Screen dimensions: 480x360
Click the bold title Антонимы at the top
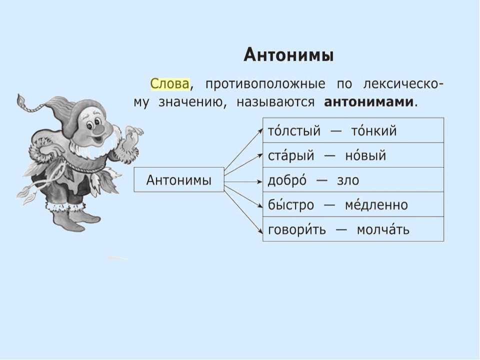click(x=288, y=55)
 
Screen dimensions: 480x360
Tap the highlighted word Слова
click(x=170, y=83)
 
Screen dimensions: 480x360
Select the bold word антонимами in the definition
click(x=368, y=102)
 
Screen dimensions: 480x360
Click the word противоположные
click(x=265, y=84)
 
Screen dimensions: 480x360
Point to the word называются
click(x=275, y=102)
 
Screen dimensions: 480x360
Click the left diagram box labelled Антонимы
click(x=179, y=179)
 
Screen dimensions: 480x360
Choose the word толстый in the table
click(x=294, y=131)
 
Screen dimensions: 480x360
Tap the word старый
click(x=291, y=155)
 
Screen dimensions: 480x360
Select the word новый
click(x=365, y=155)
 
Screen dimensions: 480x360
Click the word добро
click(x=287, y=180)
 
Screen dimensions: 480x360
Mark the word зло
click(x=348, y=180)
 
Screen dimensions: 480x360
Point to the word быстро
click(x=291, y=205)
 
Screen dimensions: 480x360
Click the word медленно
click(x=376, y=205)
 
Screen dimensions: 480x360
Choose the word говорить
click(x=296, y=229)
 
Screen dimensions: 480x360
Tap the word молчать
click(x=383, y=229)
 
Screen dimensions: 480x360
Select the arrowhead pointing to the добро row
click(x=260, y=181)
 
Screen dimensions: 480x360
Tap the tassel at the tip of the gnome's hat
click(x=21, y=100)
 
